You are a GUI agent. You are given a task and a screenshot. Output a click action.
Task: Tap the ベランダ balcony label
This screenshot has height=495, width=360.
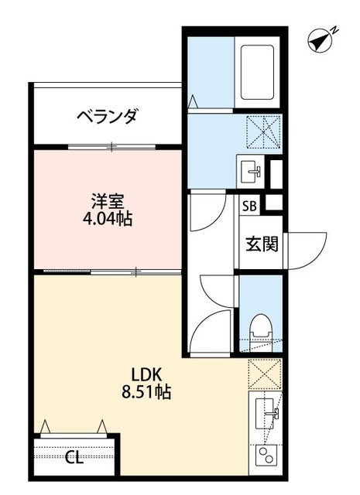107,117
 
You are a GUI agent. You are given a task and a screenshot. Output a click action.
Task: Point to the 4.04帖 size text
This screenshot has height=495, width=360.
107,219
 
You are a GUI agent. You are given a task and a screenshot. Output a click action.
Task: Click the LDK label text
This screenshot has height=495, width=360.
146,374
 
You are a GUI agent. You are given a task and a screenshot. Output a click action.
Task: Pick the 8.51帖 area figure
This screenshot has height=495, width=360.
146,392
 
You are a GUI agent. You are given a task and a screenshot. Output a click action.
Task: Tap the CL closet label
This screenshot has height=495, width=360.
74,457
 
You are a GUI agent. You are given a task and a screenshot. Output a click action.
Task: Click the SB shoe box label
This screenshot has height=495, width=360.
249,207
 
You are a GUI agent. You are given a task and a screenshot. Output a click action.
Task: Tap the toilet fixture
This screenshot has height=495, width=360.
261,325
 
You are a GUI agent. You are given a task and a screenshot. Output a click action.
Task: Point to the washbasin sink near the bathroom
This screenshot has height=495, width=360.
252,168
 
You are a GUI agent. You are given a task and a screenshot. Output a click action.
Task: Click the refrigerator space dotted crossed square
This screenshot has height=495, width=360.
263,373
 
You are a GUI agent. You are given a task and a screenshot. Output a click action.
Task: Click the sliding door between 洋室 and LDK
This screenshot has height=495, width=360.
108,271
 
